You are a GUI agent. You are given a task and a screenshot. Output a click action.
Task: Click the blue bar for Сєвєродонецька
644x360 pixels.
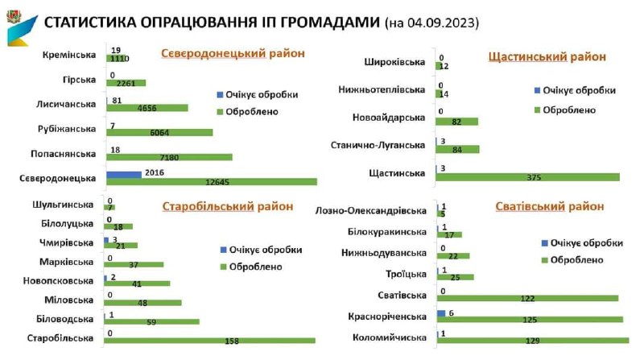click(x=123, y=173)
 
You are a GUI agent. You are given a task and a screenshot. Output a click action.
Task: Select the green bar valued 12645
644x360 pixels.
click(x=211, y=181)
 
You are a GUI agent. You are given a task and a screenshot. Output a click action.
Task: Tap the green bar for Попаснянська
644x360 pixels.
click(x=169, y=157)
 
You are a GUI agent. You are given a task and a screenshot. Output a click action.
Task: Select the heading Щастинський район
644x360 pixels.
click(x=547, y=56)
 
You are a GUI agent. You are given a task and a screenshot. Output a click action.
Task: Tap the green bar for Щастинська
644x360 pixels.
click(x=527, y=176)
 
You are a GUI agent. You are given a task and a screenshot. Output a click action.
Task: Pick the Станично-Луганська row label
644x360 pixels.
click(x=386, y=146)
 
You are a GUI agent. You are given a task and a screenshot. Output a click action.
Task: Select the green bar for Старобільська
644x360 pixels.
click(x=209, y=340)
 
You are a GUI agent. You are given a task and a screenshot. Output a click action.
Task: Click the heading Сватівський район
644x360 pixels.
click(x=550, y=206)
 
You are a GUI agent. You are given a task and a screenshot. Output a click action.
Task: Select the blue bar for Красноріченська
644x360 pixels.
click(x=441, y=312)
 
